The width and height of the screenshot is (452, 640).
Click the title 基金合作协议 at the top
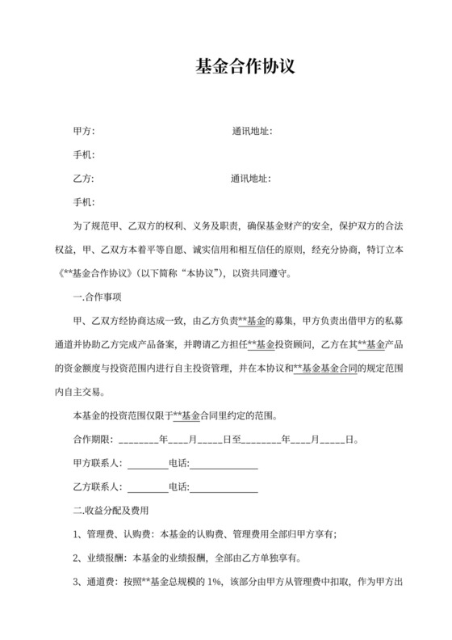pos(245,67)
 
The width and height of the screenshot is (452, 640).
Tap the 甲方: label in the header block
pos(84,130)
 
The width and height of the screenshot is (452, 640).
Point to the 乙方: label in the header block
pos(84,178)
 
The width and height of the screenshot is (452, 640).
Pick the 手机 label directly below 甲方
pos(84,154)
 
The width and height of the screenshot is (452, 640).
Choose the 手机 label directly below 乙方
pos(84,201)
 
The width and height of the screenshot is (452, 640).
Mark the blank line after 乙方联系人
pos(148,488)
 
